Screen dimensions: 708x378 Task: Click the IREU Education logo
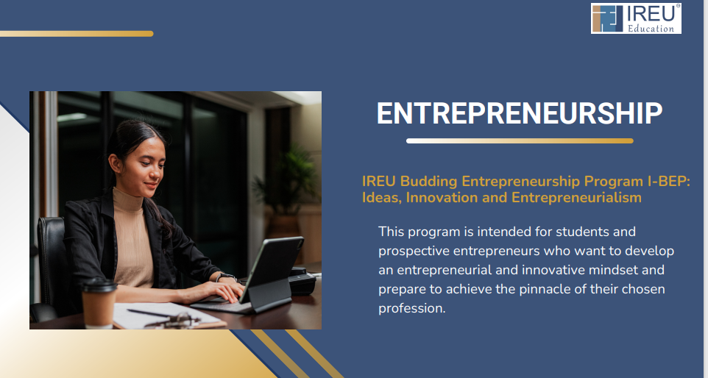(x=636, y=18)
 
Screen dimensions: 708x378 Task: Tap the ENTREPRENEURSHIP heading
(x=520, y=113)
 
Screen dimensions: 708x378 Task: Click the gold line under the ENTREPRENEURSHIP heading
(x=520, y=140)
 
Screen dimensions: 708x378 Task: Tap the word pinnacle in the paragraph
(x=545, y=289)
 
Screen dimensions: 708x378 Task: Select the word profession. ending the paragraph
(x=412, y=309)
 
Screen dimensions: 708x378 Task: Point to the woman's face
(x=144, y=165)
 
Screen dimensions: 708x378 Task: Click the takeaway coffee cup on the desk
(x=99, y=303)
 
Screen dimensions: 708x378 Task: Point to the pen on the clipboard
(x=149, y=313)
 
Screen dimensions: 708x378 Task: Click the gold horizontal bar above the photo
(x=77, y=34)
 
